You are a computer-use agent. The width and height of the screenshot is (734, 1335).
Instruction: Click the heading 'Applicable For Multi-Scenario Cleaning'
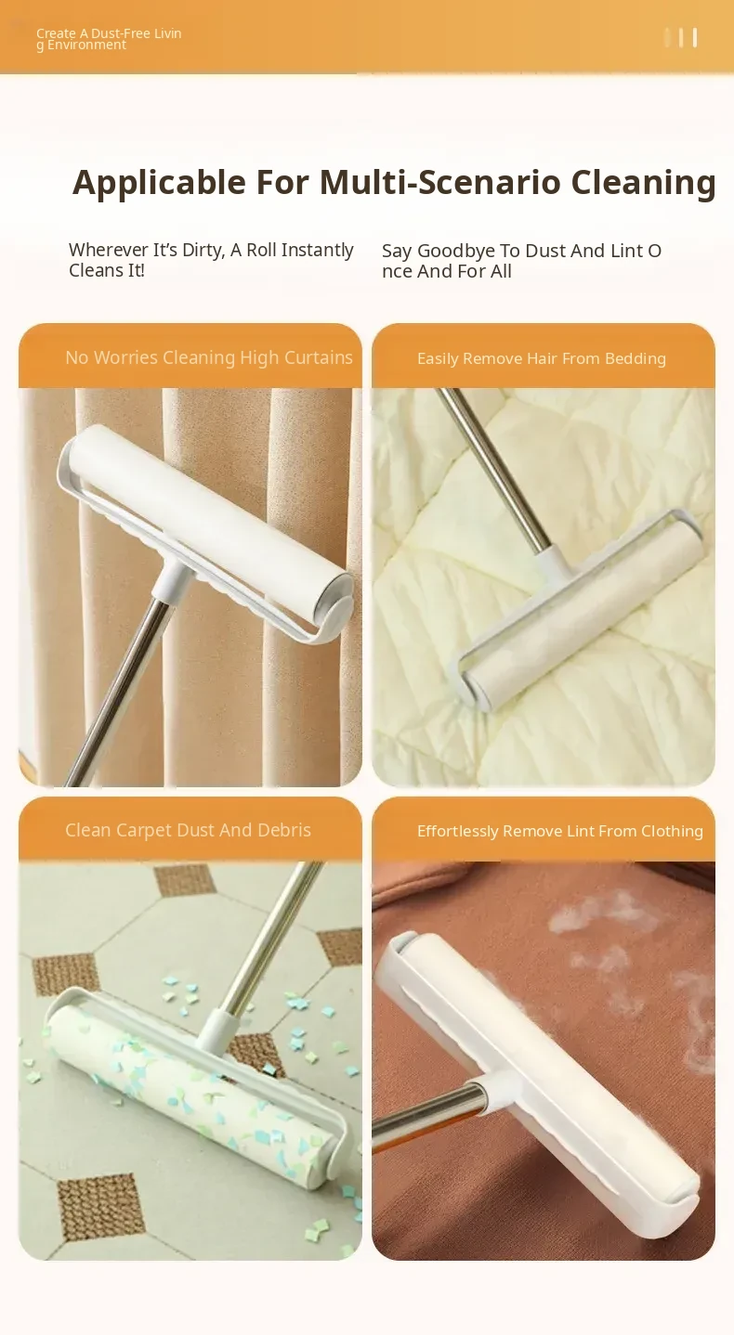tap(394, 182)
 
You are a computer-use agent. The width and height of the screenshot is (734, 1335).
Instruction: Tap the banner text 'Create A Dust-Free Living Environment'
tap(109, 39)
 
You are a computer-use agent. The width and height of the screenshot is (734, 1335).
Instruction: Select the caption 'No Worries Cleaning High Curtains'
tap(209, 357)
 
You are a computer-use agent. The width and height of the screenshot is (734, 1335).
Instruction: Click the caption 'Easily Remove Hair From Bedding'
tap(542, 358)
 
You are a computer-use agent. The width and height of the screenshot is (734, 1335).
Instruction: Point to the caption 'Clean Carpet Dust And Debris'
tap(188, 830)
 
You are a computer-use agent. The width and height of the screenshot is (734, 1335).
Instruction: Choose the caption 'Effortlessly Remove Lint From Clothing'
tap(560, 831)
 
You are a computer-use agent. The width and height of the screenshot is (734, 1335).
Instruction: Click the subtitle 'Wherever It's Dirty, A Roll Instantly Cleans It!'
tap(211, 260)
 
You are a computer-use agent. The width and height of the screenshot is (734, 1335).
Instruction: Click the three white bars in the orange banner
tap(681, 37)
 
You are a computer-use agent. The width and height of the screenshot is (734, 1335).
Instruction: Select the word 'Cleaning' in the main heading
tap(643, 182)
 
